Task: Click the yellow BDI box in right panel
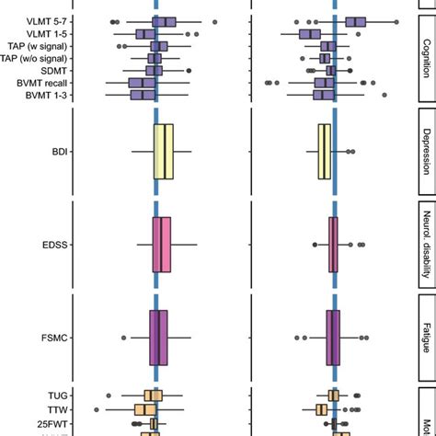(325, 150)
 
